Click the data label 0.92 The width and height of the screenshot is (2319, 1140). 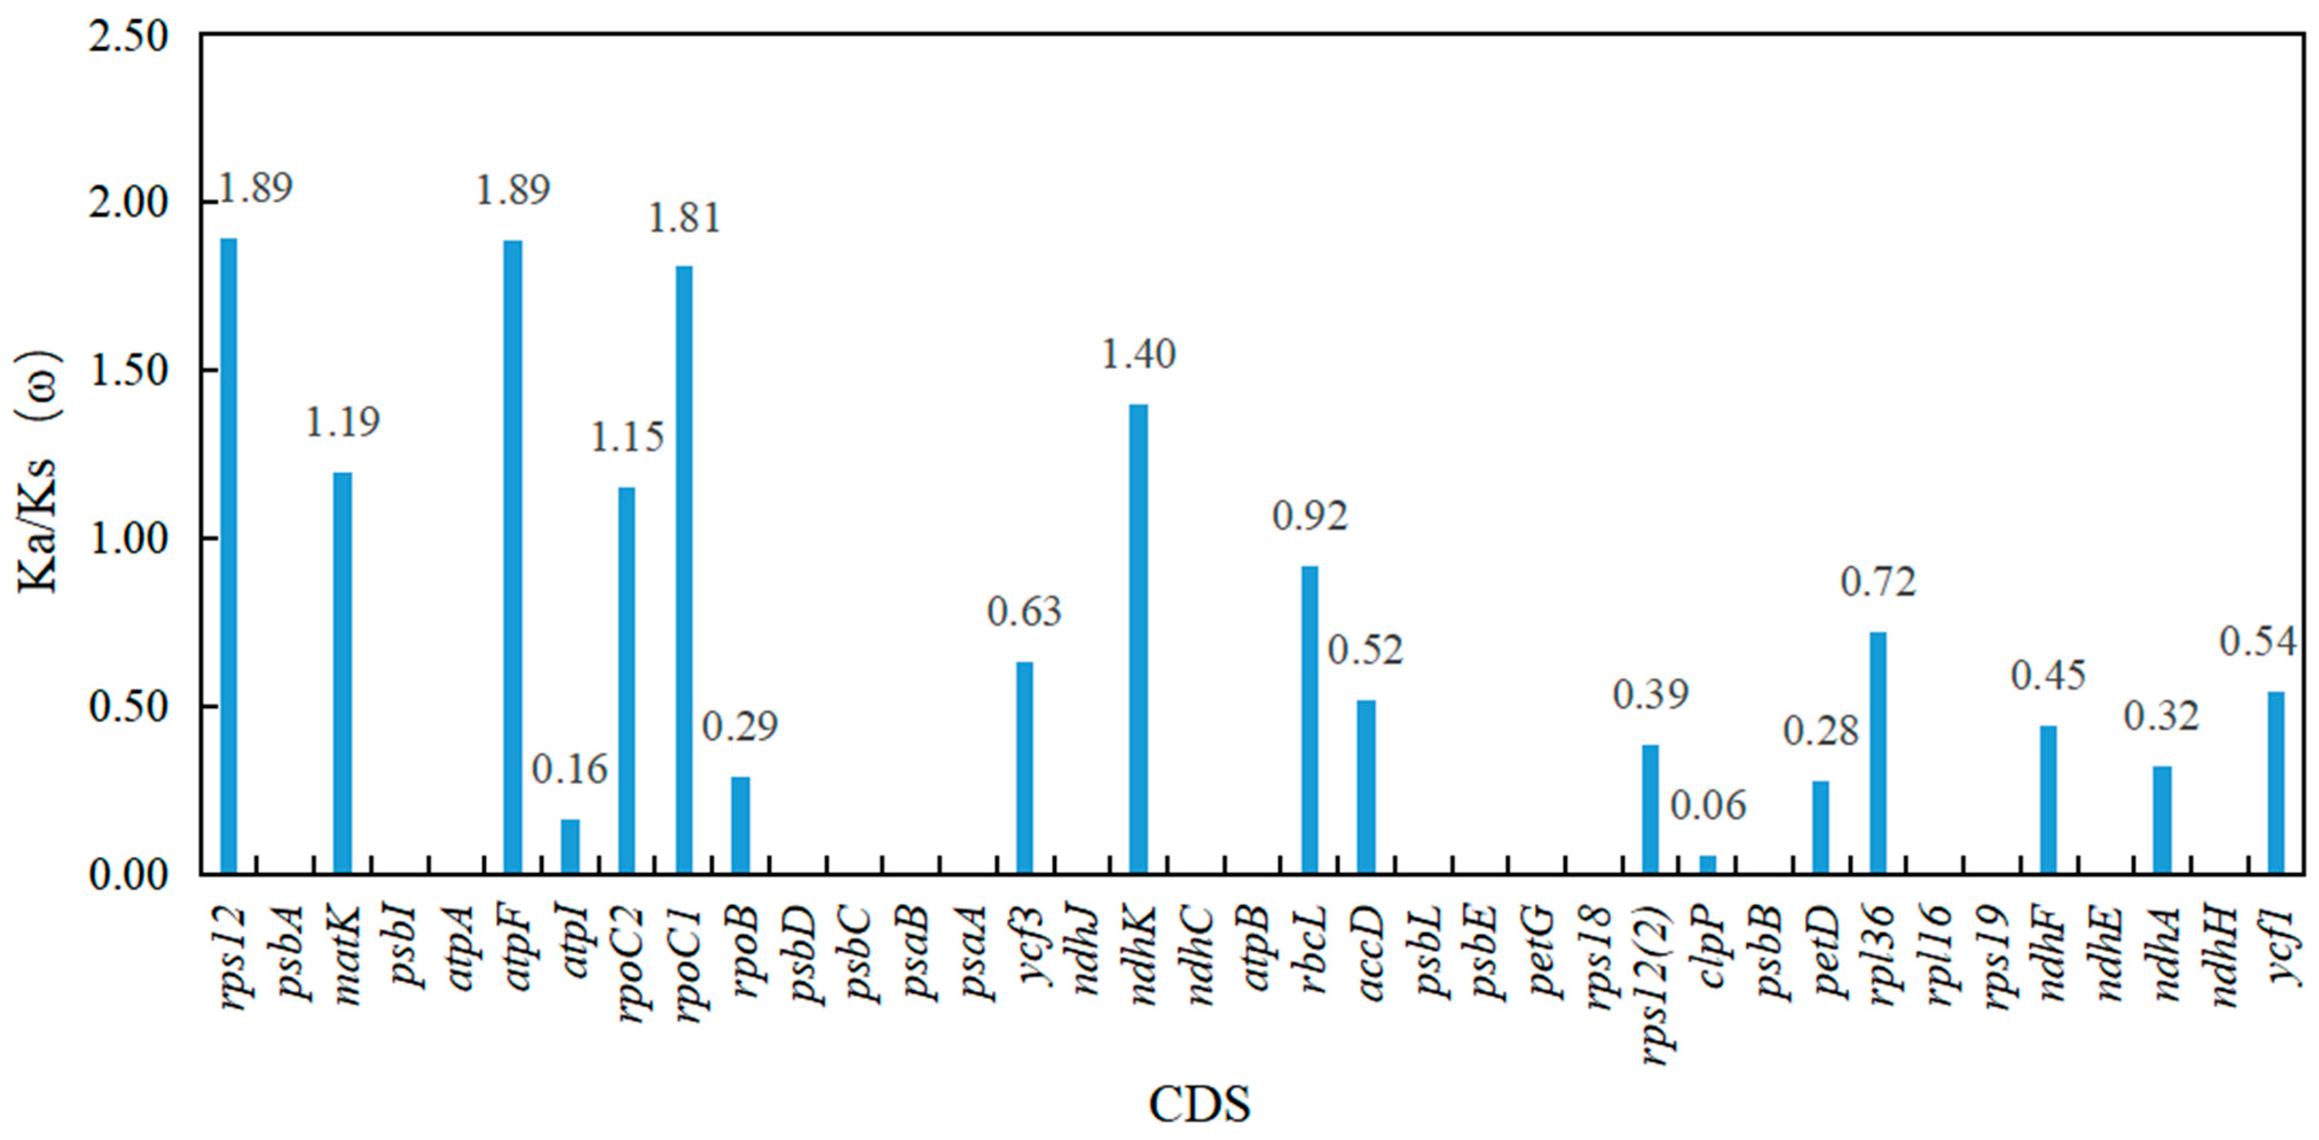(x=1310, y=516)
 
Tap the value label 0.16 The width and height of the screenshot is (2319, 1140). (x=569, y=770)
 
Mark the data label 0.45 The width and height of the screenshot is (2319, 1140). (x=2048, y=675)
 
